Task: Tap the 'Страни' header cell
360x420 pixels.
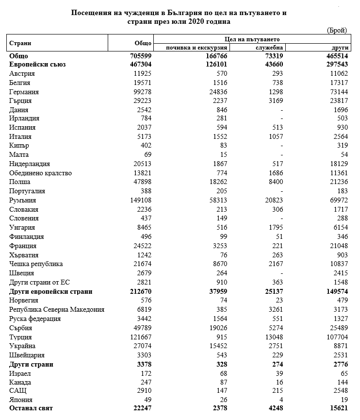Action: (19, 43)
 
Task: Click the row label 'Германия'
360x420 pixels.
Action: (24, 91)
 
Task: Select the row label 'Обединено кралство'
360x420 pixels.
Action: (41, 173)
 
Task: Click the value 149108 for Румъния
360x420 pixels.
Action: (142, 200)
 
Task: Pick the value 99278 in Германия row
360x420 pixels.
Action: (144, 91)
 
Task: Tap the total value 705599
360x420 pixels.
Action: (142, 56)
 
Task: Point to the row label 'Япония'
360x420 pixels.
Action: (22, 400)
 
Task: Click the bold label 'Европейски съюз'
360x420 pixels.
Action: (37, 64)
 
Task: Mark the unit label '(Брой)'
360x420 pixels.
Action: (337, 30)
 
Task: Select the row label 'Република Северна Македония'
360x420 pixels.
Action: (57, 309)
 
